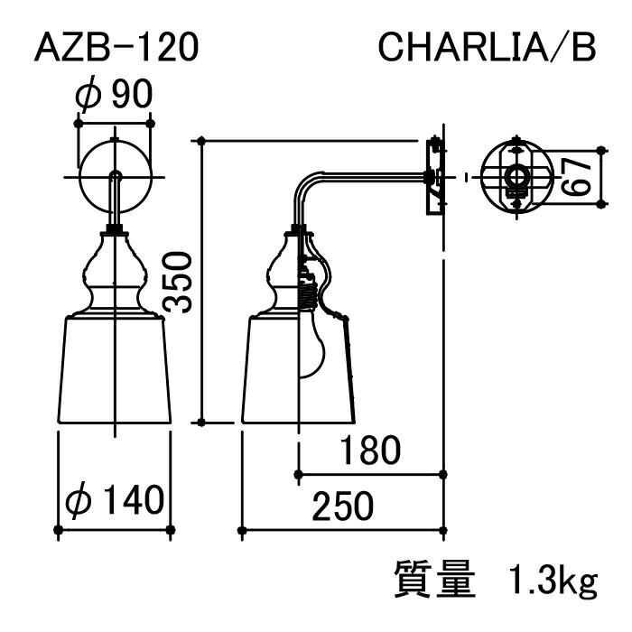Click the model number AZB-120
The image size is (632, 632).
click(116, 48)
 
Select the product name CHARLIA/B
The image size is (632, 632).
click(487, 48)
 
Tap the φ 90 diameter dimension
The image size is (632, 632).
click(114, 93)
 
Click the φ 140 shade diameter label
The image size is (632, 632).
click(115, 500)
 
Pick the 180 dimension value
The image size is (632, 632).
click(370, 450)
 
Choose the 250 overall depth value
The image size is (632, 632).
click(342, 506)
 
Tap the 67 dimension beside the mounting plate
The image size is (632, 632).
click(576, 177)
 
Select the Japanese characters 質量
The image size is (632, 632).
click(434, 580)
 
